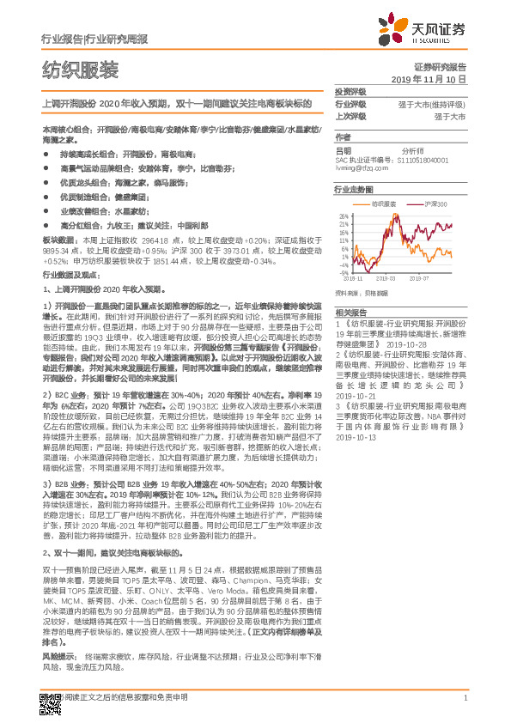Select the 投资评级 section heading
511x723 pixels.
tap(350, 91)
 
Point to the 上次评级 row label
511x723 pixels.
tap(350, 116)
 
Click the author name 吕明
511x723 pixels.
tap(343, 149)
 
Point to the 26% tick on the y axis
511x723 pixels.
tap(344, 215)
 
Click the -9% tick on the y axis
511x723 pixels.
tap(344, 265)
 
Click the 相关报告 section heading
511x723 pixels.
tap(350, 313)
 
